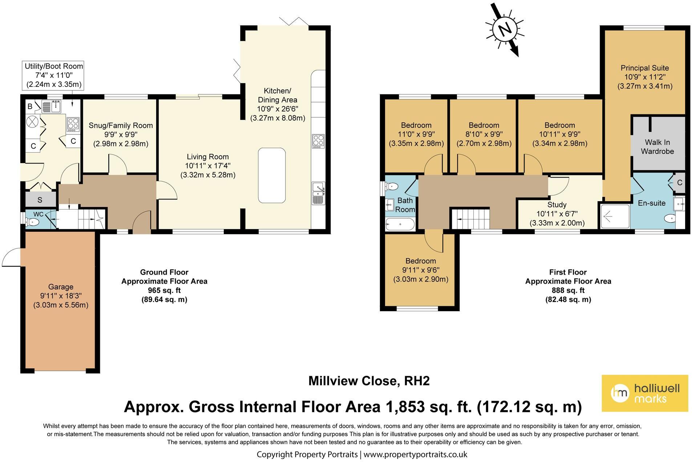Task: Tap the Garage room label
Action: (x=61, y=287)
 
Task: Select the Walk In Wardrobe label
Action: (x=657, y=147)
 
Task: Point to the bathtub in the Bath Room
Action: (x=400, y=224)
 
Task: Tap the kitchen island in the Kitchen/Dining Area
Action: (x=272, y=175)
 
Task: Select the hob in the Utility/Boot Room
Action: (x=72, y=124)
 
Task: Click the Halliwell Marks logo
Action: (x=645, y=393)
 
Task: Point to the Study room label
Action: (x=557, y=205)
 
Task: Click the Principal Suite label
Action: (x=645, y=68)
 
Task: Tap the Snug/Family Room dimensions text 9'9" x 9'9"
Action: (x=121, y=134)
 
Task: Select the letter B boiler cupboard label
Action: (x=30, y=106)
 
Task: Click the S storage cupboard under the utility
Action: (x=40, y=199)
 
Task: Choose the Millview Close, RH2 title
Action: (x=369, y=381)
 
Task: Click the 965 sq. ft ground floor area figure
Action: (x=164, y=290)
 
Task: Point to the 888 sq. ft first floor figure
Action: (x=568, y=290)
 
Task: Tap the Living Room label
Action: (x=208, y=157)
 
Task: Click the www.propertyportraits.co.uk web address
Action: (x=415, y=454)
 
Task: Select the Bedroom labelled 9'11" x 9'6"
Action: (x=421, y=261)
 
